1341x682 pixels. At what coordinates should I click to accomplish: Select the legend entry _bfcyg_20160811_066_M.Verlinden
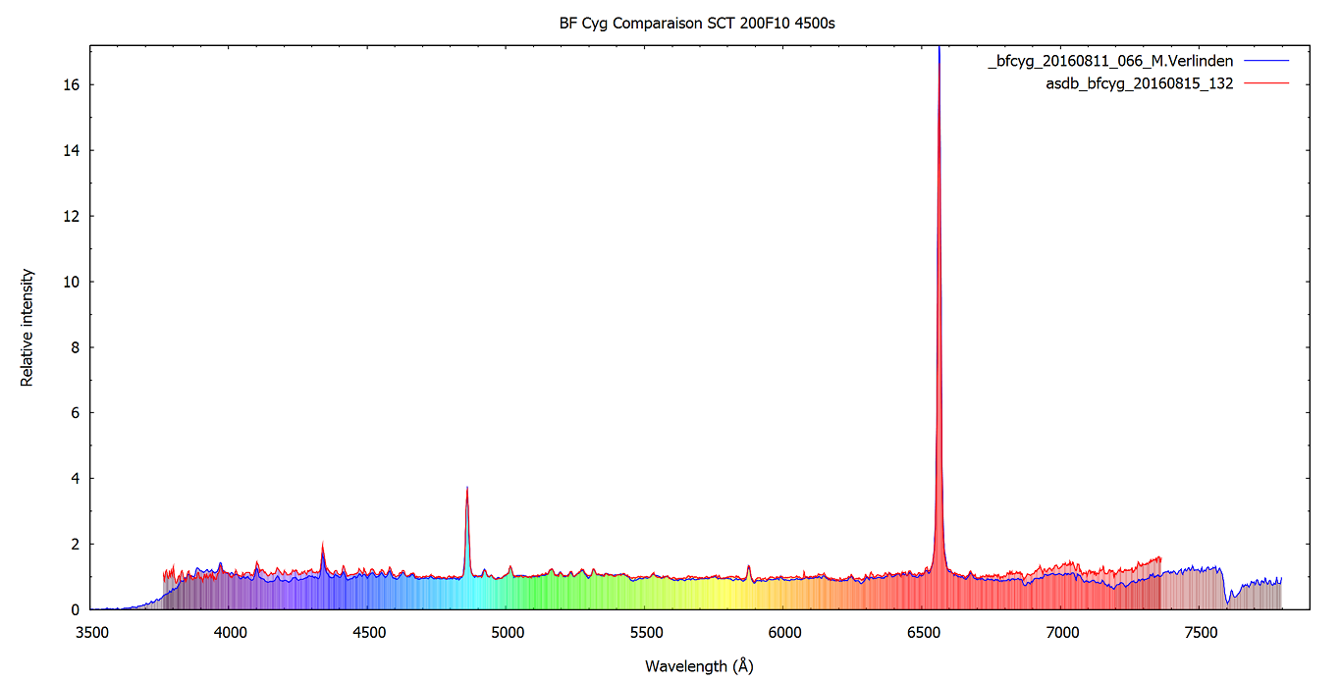1110,61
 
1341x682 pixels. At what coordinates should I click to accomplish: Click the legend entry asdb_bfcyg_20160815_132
1140,83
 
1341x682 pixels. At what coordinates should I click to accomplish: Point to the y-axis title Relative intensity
27,328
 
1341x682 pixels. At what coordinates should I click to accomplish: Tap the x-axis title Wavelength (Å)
699,666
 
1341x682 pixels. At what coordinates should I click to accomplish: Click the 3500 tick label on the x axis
91,633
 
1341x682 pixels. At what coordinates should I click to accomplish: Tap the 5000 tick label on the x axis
508,633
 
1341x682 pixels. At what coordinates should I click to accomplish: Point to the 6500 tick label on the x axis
924,633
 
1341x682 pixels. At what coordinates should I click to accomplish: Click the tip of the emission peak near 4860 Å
467,488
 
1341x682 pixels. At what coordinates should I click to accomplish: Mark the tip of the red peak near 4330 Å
322,543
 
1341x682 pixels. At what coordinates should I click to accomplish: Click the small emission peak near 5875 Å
749,566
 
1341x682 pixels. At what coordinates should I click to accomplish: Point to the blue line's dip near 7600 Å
1230,602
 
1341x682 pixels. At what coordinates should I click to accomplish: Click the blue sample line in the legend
1265,61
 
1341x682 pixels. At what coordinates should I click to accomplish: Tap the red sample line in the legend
1265,83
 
